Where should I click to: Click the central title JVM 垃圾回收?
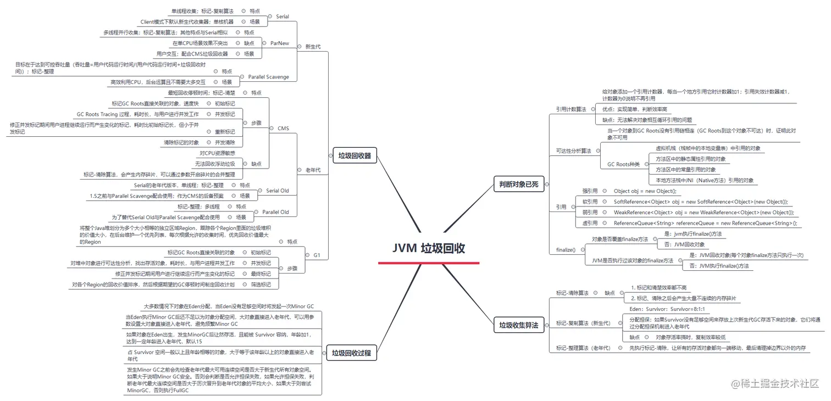(x=429, y=248)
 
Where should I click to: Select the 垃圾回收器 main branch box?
(x=354, y=156)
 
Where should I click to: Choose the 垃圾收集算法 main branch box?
(x=519, y=325)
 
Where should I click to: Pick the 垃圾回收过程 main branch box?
(x=352, y=354)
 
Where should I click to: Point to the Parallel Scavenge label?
(x=268, y=77)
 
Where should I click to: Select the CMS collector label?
(x=283, y=129)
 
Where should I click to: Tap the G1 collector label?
(x=317, y=255)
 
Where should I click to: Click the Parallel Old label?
(x=275, y=212)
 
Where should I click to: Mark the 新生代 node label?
(x=313, y=47)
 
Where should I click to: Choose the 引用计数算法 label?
(x=570, y=109)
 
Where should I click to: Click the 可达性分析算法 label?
(x=573, y=151)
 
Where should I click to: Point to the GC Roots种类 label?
(x=623, y=164)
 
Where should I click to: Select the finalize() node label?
(x=566, y=250)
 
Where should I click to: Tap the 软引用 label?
(x=590, y=202)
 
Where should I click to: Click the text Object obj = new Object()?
(x=645, y=191)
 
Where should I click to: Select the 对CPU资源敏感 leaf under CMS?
(x=217, y=153)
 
